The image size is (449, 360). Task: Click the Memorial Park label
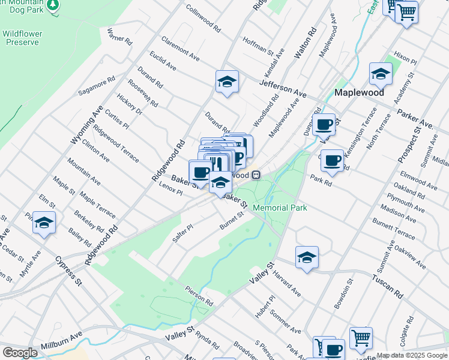tap(280, 208)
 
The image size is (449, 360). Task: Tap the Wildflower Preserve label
tap(20, 38)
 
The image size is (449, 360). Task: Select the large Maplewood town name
tap(359, 94)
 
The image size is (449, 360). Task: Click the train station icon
tap(256, 175)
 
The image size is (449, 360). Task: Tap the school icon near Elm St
tap(44, 223)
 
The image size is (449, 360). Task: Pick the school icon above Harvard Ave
tap(307, 257)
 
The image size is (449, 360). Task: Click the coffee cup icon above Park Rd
tap(332, 160)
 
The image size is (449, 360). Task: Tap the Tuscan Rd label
tap(387, 287)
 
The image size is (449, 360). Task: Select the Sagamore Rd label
tap(96, 86)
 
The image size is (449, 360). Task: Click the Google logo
tap(20, 352)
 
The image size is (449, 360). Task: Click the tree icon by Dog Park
tap(53, 5)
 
